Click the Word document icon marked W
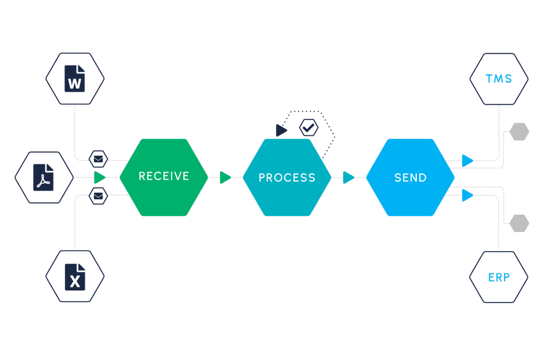[x=75, y=79]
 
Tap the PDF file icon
[x=43, y=177]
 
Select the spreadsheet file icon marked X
[x=75, y=277]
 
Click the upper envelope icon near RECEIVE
[x=98, y=159]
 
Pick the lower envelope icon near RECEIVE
[x=98, y=195]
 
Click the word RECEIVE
[x=163, y=176]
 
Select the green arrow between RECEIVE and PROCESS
[x=225, y=177]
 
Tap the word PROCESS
[x=287, y=177]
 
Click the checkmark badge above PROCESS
[x=309, y=128]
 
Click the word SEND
[x=410, y=177]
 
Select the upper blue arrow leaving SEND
[x=468, y=161]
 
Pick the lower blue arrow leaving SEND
[x=468, y=195]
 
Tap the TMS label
[x=499, y=79]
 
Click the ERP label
[x=499, y=277]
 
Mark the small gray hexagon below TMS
[x=519, y=132]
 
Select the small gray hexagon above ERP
[x=519, y=223]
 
